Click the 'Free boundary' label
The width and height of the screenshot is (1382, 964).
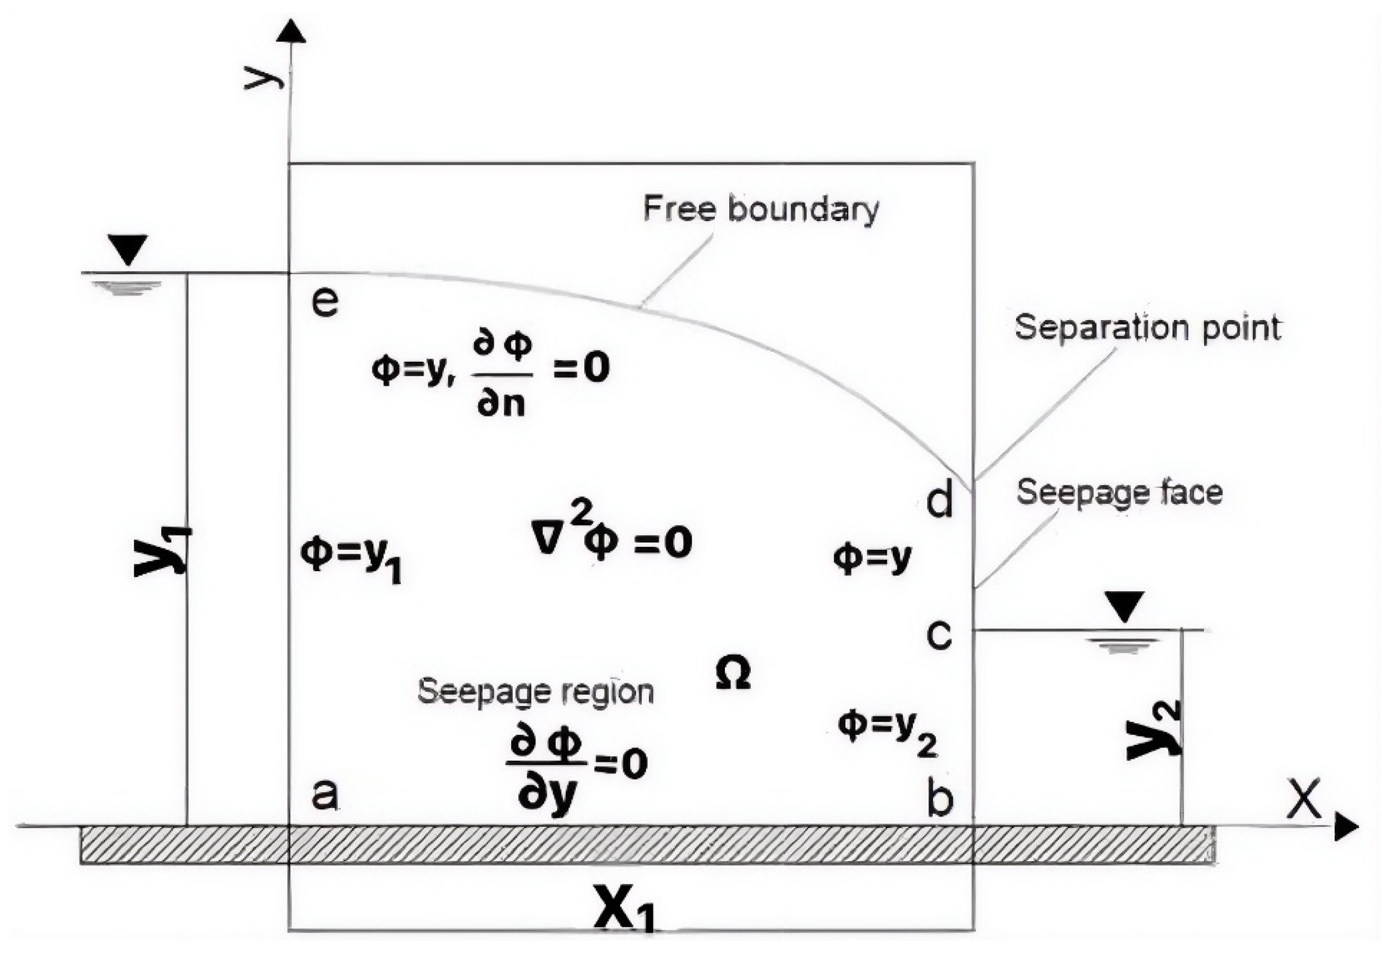(761, 210)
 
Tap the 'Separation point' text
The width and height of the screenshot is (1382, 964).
(1147, 329)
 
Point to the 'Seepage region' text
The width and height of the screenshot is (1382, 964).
(535, 692)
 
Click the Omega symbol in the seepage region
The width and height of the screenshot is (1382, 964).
(733, 673)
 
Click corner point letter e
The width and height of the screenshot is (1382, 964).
(325, 302)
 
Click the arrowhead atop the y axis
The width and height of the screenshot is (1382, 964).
(291, 31)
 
